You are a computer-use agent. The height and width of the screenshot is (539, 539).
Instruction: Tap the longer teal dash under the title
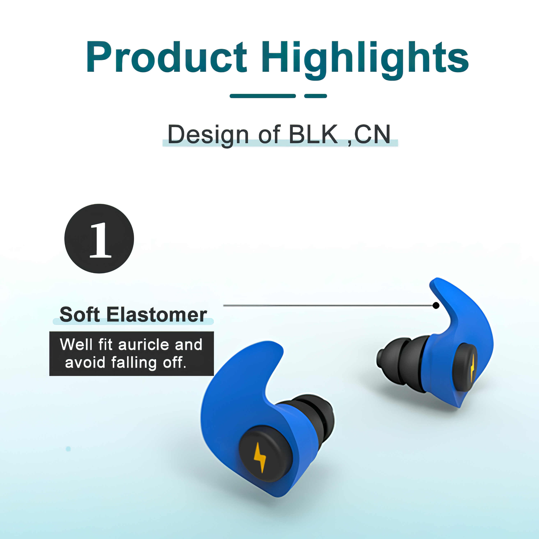[x=262, y=96]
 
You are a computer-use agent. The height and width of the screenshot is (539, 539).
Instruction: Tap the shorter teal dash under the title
[x=315, y=96]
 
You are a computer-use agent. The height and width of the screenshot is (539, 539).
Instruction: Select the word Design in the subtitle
[x=208, y=135]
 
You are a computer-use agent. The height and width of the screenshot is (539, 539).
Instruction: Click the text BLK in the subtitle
[x=313, y=134]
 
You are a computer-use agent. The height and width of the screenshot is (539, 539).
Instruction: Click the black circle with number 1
[x=99, y=239]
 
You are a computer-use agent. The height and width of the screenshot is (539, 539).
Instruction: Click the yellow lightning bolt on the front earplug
[x=260, y=458]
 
